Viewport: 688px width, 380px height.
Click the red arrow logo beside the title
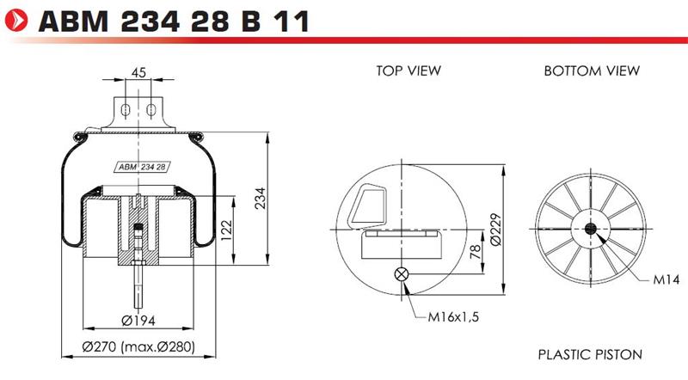(15, 20)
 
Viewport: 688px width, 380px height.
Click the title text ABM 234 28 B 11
(174, 21)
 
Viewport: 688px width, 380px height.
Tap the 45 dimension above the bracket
(138, 72)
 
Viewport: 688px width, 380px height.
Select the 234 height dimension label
(261, 199)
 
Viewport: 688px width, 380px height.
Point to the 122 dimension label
(226, 230)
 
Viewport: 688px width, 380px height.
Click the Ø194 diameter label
(138, 321)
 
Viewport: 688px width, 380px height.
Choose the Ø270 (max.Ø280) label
(138, 346)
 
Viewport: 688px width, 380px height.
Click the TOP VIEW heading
(408, 70)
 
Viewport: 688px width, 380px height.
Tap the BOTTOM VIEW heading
(592, 70)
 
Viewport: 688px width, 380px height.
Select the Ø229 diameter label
(495, 230)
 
